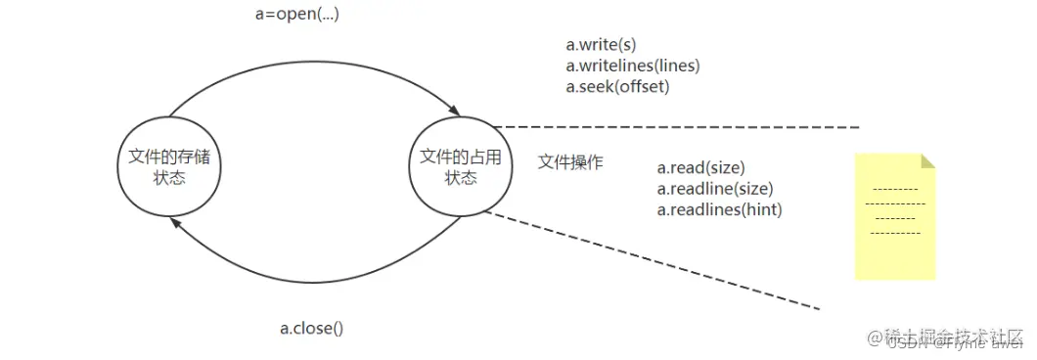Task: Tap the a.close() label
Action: coord(312,329)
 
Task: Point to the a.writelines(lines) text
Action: coord(633,66)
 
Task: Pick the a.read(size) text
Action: coord(700,167)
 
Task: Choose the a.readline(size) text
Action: coord(714,188)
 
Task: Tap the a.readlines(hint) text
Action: coord(719,208)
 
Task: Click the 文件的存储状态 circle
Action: coord(168,167)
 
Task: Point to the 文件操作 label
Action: coord(570,162)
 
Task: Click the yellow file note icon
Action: coord(893,217)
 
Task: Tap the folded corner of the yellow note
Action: coord(927,160)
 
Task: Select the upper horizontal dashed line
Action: coord(675,127)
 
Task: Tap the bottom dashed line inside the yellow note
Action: coord(893,233)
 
